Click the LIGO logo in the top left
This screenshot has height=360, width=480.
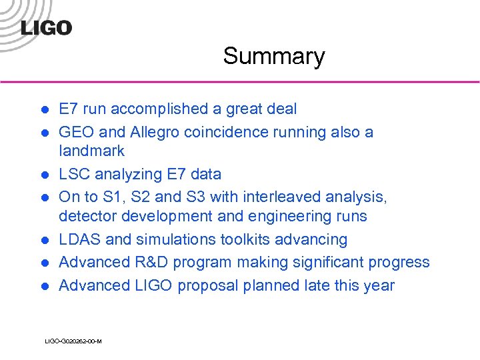[46, 27]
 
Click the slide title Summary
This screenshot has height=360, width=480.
[273, 56]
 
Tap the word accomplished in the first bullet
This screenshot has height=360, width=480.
[169, 109]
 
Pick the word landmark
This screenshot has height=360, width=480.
[91, 151]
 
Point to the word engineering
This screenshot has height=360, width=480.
[277, 216]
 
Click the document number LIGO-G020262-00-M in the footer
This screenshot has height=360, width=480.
[73, 341]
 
